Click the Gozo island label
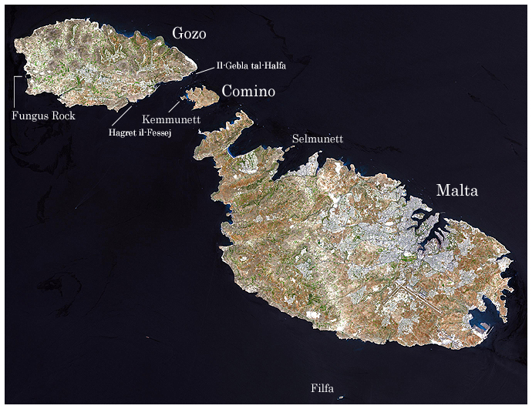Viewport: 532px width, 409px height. pos(190,34)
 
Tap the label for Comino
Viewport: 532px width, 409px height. pos(248,92)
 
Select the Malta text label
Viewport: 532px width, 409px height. pos(457,190)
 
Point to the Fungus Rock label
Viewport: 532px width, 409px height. pos(44,116)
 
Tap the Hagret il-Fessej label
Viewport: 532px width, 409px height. pos(140,133)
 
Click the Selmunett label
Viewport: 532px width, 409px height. pos(318,139)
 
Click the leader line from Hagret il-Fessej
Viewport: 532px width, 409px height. pos(122,116)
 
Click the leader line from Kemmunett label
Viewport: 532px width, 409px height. pos(176,106)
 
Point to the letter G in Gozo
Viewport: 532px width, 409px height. pos(177,34)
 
